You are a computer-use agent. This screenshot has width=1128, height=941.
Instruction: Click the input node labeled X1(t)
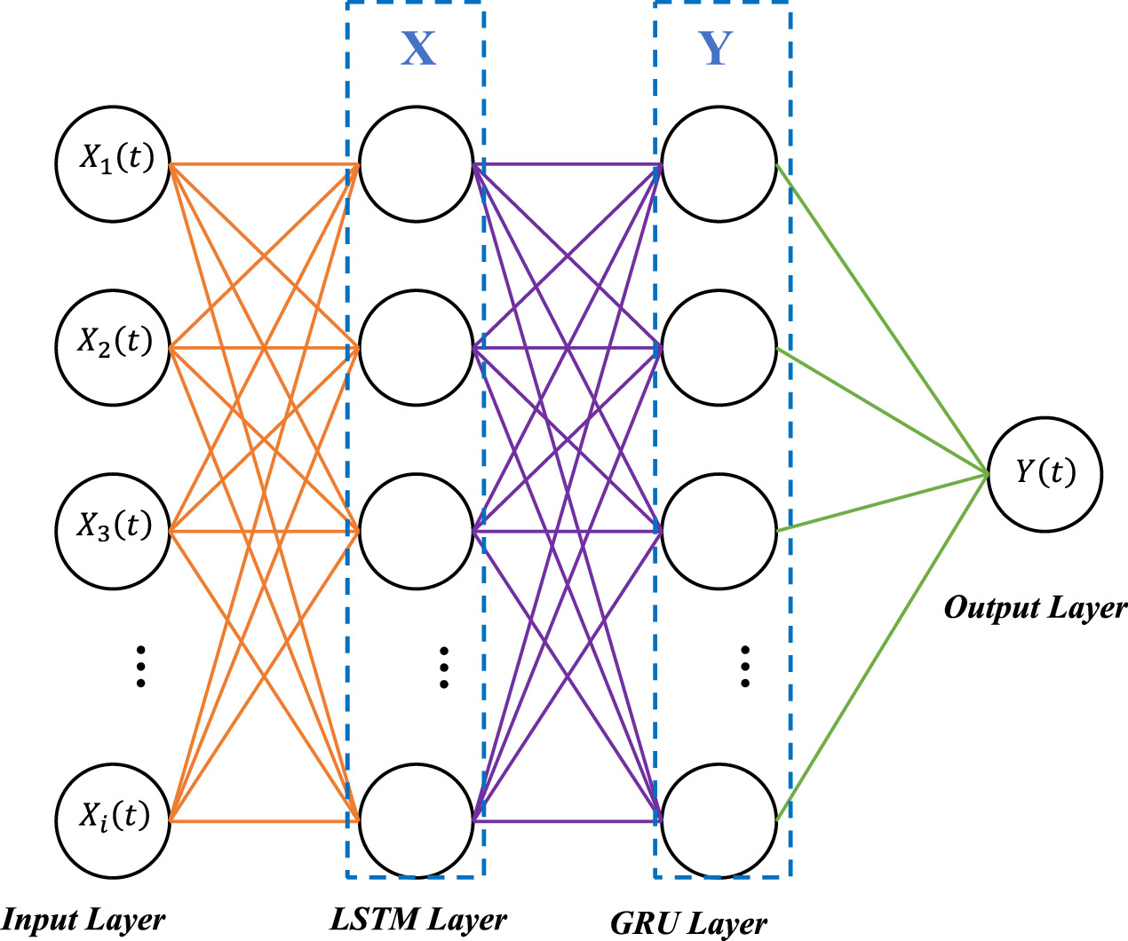click(113, 164)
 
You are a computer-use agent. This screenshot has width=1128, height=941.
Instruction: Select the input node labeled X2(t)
click(113, 348)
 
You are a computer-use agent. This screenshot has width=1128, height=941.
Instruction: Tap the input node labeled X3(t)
click(113, 531)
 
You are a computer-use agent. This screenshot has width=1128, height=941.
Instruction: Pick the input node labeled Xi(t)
click(113, 820)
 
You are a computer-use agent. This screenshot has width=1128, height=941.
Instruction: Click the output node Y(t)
click(1045, 475)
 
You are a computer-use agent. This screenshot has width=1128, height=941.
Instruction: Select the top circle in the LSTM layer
click(416, 164)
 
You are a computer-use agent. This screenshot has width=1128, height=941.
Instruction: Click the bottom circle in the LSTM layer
click(416, 820)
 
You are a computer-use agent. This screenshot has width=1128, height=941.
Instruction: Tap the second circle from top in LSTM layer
click(416, 348)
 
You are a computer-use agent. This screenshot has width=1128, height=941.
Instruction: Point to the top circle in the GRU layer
click(719, 164)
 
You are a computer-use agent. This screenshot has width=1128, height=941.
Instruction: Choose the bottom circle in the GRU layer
click(719, 820)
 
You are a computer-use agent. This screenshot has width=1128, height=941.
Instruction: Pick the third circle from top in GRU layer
click(719, 531)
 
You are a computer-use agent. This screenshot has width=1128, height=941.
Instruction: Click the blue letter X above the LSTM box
click(417, 49)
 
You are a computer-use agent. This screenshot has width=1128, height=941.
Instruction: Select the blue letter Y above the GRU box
click(716, 49)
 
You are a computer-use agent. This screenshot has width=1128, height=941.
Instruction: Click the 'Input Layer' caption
click(83, 920)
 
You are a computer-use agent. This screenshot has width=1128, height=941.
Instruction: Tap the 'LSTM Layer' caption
click(418, 920)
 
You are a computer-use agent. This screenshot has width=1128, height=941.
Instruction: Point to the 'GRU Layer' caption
click(688, 923)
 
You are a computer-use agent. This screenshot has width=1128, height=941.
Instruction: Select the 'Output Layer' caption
click(1035, 608)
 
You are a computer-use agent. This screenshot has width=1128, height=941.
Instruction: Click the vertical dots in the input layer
click(140, 667)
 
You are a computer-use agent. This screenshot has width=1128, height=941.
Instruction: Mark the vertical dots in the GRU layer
click(745, 667)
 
